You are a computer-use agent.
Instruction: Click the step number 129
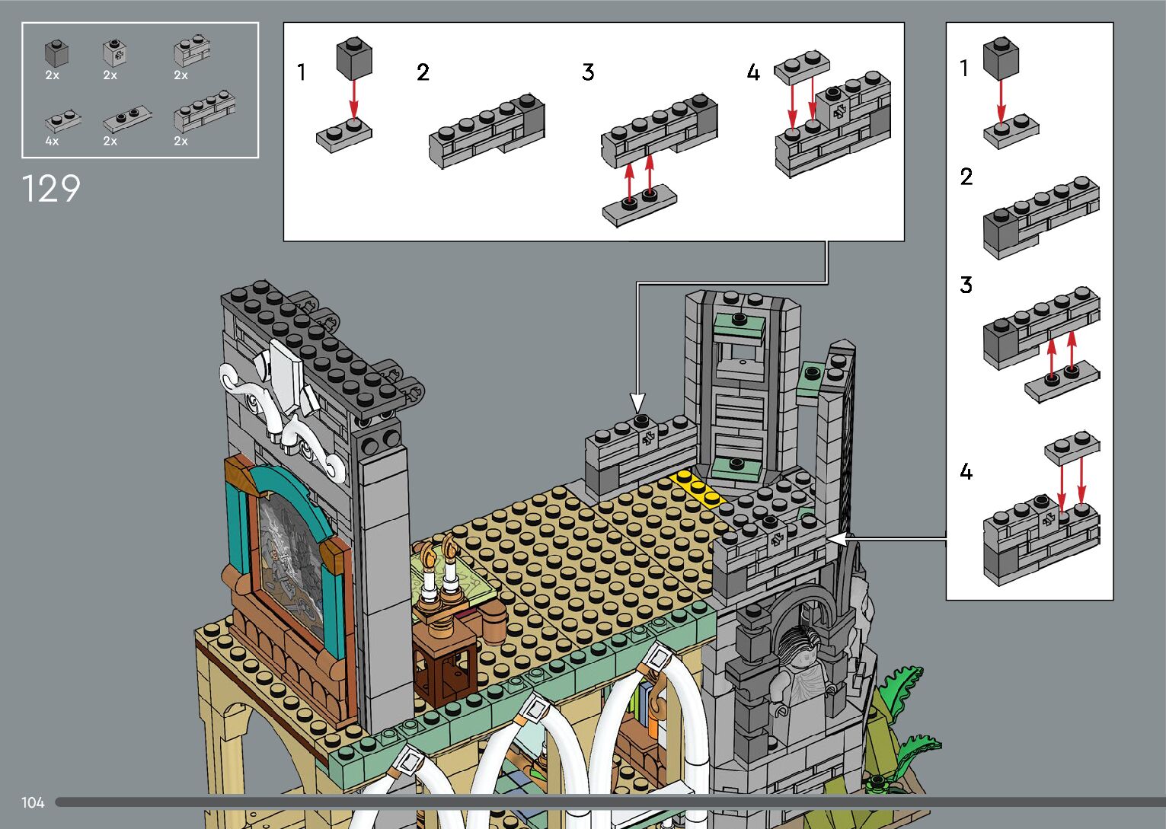point(51,189)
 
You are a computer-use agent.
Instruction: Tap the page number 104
point(33,802)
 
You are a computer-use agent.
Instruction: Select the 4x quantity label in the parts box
point(52,142)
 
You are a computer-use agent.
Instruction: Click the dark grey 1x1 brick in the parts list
point(56,53)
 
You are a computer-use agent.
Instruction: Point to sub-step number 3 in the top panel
point(588,72)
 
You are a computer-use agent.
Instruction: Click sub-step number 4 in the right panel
point(966,473)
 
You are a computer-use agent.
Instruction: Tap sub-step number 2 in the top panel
point(423,72)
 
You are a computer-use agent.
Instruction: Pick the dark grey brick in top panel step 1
point(354,59)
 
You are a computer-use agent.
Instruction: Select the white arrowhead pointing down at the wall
point(638,402)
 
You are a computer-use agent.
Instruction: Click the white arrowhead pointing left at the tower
point(837,539)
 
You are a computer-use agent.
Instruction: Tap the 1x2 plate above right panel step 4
point(1072,448)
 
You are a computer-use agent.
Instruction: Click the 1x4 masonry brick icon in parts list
point(203,114)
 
